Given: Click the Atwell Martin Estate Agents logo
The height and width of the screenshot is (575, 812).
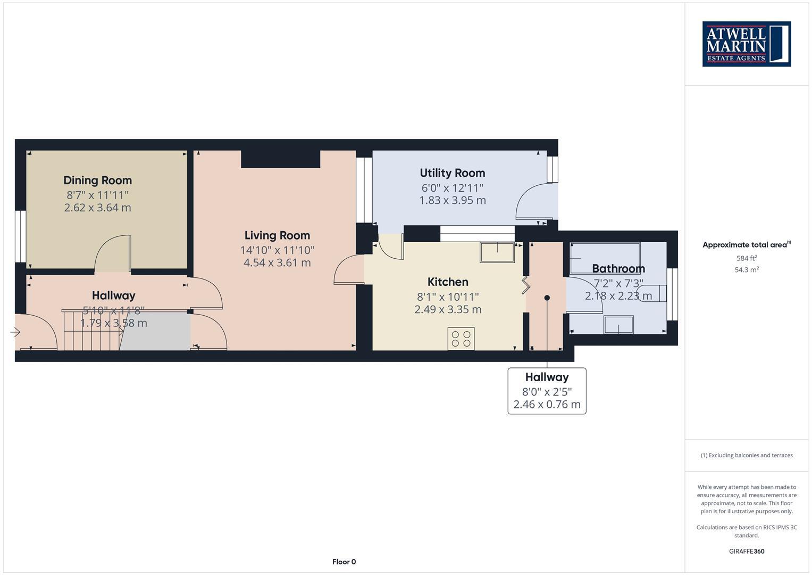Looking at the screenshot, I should tap(746, 44).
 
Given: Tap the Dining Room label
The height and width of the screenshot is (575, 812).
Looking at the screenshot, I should tap(97, 180).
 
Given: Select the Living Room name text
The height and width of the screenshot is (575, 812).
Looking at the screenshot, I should tap(277, 235).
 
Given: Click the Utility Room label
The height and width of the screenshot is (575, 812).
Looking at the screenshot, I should tap(452, 173).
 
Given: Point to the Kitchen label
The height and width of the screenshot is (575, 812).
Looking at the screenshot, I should tap(448, 282).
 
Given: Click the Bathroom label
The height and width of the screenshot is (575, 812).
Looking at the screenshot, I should tap(618, 268).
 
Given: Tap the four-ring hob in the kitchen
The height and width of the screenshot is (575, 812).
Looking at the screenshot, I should tap(461, 339).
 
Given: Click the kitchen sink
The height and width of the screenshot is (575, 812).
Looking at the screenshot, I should tap(497, 252).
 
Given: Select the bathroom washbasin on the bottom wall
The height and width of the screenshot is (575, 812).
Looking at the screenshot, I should tap(618, 325).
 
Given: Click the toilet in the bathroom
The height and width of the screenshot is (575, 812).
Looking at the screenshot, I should tap(653, 293).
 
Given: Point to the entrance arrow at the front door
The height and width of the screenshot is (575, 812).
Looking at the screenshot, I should tap(15, 332).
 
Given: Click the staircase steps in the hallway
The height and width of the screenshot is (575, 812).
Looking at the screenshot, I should tap(90, 331).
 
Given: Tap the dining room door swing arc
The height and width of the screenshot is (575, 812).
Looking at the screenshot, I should tap(111, 253).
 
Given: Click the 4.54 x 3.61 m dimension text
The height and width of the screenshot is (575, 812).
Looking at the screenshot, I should tap(277, 262).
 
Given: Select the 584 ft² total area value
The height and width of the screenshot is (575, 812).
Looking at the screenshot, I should tap(747, 258).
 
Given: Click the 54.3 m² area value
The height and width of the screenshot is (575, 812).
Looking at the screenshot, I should tap(747, 270).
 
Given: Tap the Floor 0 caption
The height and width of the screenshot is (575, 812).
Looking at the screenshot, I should tap(344, 562).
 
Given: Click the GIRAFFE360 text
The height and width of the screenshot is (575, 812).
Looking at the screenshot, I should tap(747, 551).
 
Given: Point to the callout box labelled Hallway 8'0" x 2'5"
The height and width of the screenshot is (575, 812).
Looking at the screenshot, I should tap(547, 391).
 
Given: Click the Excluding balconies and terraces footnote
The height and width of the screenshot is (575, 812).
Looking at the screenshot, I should tap(747, 455).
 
